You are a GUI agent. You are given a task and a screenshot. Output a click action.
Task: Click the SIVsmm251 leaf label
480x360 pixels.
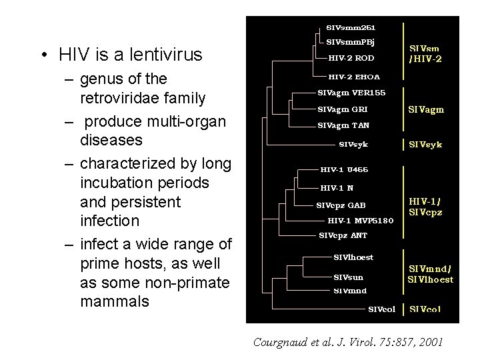(x=351, y=27)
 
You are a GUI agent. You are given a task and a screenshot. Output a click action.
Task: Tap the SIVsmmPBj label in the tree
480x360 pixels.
(x=350, y=42)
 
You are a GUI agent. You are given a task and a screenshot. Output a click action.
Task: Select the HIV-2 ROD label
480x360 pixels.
(x=351, y=58)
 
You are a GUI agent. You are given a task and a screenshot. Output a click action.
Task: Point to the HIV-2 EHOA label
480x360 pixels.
(x=354, y=77)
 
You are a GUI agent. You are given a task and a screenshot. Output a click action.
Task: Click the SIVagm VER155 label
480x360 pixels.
(x=351, y=92)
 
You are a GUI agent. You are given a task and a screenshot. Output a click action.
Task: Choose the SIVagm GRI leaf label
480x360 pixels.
(x=343, y=109)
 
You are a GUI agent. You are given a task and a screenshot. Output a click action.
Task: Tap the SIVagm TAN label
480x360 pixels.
(x=343, y=125)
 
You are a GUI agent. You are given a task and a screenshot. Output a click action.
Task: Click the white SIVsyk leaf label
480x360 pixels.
(x=353, y=144)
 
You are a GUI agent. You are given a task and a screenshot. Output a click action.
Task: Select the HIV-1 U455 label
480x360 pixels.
(x=344, y=170)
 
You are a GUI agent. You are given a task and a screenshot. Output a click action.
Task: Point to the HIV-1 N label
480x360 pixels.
(x=337, y=188)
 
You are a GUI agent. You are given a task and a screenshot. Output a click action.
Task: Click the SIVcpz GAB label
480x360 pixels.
(x=341, y=205)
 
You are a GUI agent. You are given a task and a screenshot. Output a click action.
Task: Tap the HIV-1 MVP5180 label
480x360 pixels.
(x=361, y=221)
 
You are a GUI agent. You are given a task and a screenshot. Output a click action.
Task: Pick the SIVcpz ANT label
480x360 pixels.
(x=343, y=235)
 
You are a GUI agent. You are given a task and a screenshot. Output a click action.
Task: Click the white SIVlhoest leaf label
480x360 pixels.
(x=353, y=257)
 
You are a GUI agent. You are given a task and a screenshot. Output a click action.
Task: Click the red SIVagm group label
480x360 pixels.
(x=427, y=109)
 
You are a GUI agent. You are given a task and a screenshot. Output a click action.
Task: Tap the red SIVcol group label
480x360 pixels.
(x=425, y=309)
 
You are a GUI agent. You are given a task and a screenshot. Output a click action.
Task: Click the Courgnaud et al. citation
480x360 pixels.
(x=347, y=342)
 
